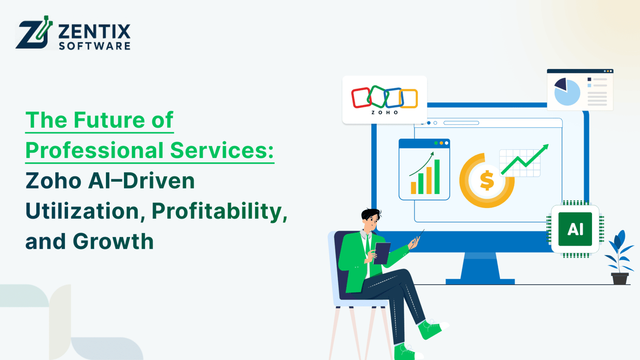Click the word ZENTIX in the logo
pos(94,32)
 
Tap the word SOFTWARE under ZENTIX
pos(94,46)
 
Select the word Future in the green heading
pos(109,120)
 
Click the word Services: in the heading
pos(222,150)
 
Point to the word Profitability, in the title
pos(219,211)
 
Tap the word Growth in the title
pos(113,242)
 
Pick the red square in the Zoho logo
pos(361,98)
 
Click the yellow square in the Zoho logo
pos(409,99)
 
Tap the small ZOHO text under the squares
pos(384,113)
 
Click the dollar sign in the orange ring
pos(487,180)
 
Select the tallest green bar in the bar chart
pos(437,177)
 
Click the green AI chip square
pos(575,229)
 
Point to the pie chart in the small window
pos(567,92)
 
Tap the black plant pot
pos(620,278)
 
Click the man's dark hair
pos(370,214)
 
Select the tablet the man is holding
pos(382,253)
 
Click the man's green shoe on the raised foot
pos(430,329)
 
